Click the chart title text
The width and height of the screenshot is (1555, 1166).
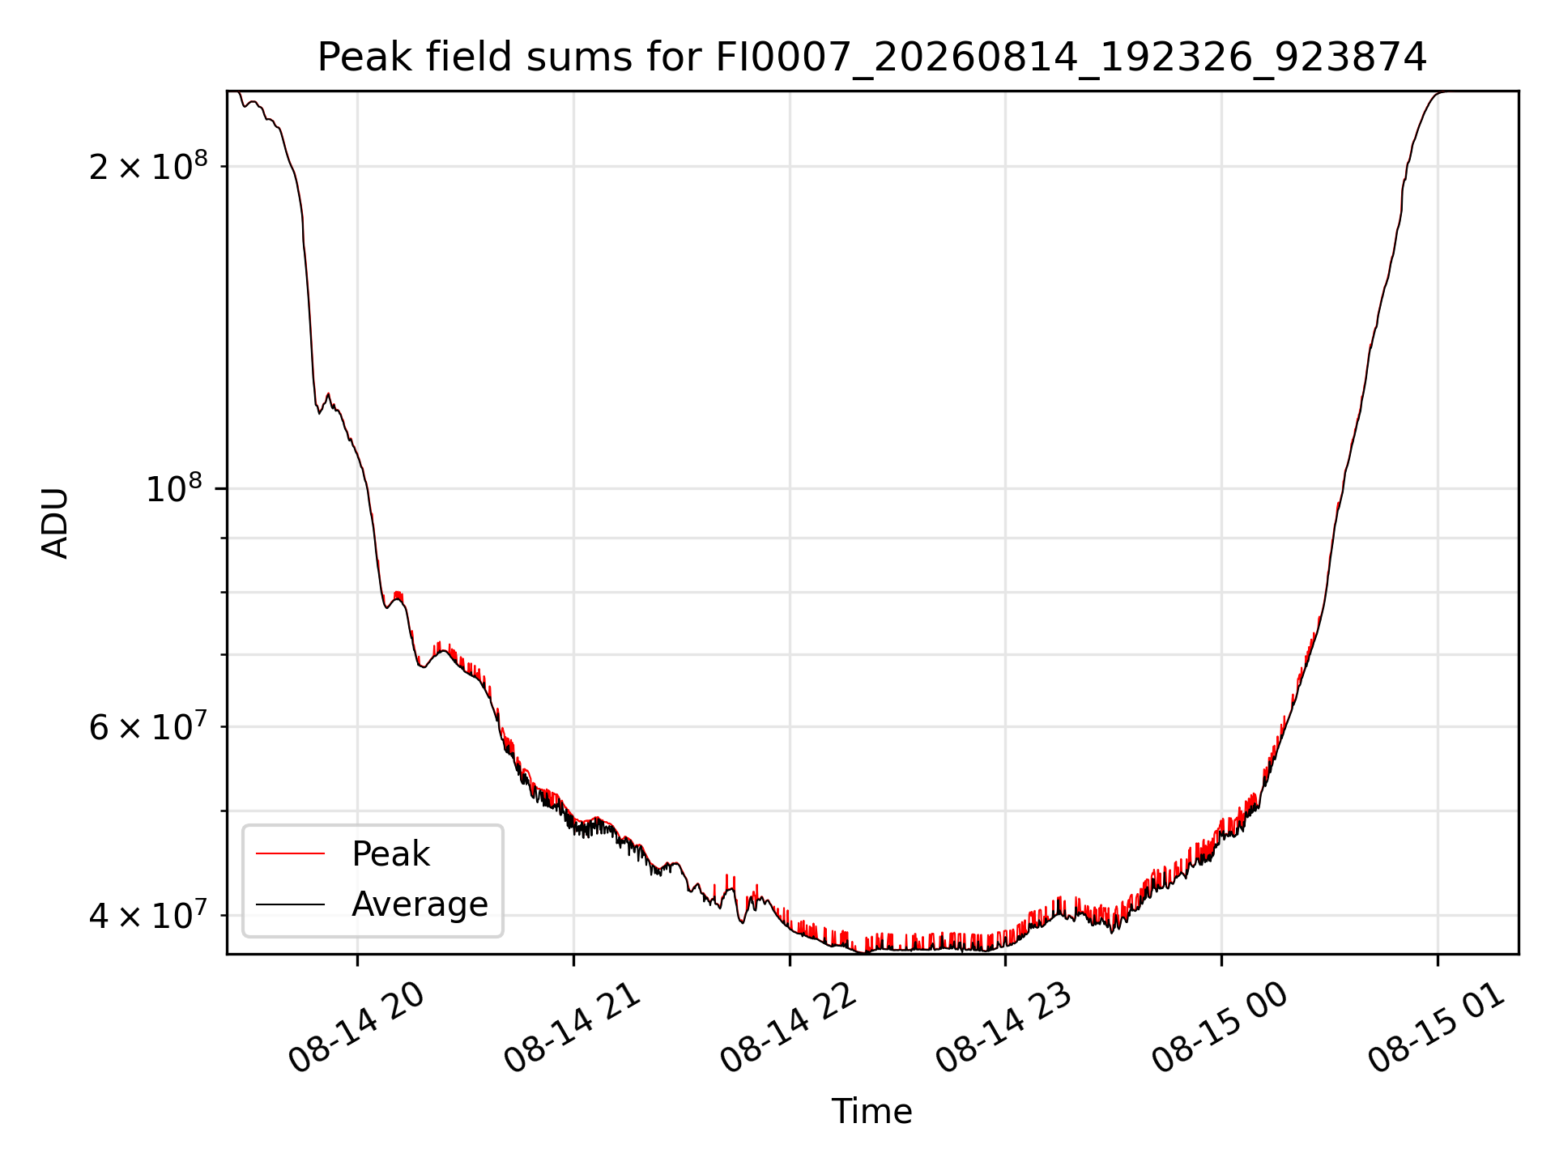pyautogui.click(x=871, y=57)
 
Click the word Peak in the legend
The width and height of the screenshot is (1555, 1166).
pyautogui.click(x=390, y=854)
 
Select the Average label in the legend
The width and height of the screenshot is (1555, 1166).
pyautogui.click(x=420, y=904)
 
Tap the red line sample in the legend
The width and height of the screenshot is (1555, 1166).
pyautogui.click(x=290, y=853)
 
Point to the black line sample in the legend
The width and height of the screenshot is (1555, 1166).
pyautogui.click(x=290, y=904)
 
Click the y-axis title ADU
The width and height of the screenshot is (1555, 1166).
pyautogui.click(x=55, y=523)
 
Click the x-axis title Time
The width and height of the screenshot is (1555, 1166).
pyautogui.click(x=871, y=1112)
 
